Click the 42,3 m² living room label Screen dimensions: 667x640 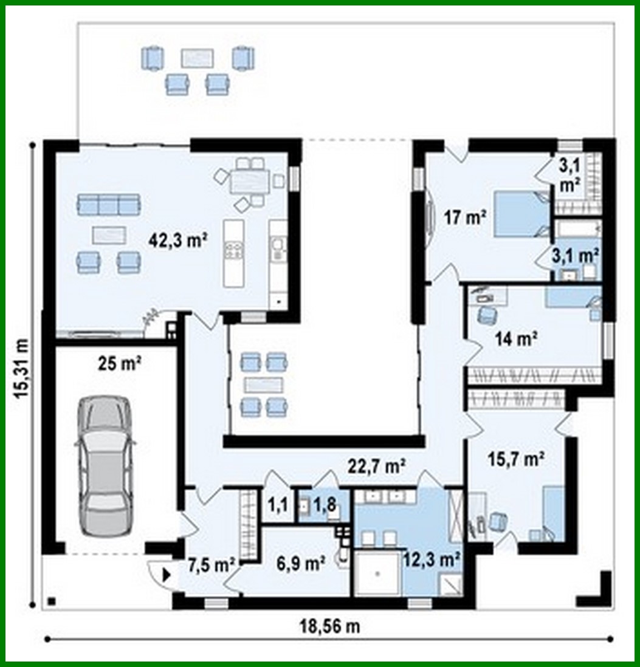click(179, 240)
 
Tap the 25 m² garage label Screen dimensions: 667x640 click(120, 364)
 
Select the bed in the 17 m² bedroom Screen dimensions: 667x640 click(520, 214)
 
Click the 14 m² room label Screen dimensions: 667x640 click(517, 339)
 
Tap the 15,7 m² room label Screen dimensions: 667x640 click(515, 460)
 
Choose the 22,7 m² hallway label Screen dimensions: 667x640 click(377, 467)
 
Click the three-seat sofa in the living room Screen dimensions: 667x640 click(108, 204)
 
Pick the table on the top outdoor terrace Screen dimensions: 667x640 click(197, 58)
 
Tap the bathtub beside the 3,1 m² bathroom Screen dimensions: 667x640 click(577, 229)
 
